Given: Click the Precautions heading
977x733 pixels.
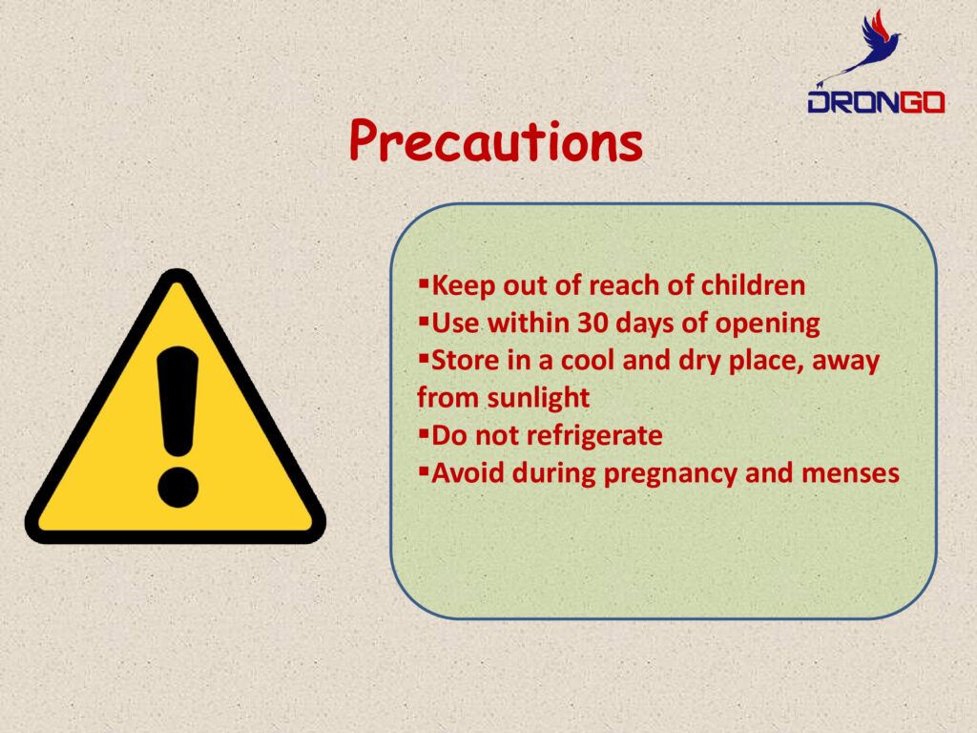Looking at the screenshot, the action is click(x=496, y=141).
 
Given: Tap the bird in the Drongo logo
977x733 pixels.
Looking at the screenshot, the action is click(x=870, y=48).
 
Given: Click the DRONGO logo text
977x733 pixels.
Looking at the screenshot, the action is click(x=876, y=102).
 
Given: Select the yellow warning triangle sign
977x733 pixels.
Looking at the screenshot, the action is click(x=176, y=407).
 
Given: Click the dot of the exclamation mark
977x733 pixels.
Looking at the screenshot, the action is click(x=177, y=487).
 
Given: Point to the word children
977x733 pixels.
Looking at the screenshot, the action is click(x=753, y=285).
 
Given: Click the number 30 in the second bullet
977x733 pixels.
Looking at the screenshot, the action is click(x=592, y=324).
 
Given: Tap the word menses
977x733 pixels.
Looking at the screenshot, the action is click(x=850, y=473).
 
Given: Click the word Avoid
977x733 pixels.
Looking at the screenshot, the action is click(x=468, y=473).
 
